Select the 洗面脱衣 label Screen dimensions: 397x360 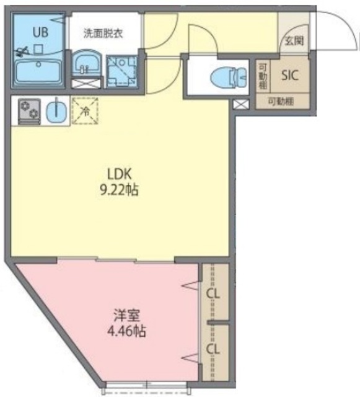point(103,33)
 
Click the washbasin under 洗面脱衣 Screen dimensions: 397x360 point(85,64)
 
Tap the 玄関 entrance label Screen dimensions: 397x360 point(294,41)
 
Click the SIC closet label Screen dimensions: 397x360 point(290,76)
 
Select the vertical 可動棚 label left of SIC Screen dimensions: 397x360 point(263,76)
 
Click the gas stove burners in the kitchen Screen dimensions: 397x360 point(28,111)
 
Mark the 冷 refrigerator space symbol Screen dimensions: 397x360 point(86,112)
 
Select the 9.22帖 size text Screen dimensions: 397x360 point(119,189)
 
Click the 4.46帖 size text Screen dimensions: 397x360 point(126,331)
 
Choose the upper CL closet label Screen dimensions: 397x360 point(214,293)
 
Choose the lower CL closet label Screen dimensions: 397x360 point(214,350)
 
